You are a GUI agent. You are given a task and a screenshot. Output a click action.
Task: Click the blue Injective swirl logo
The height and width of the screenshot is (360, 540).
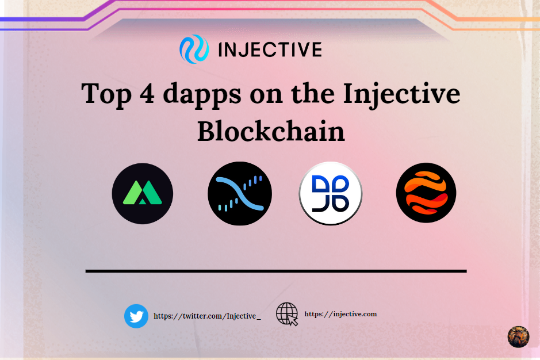pyautogui.click(x=193, y=49)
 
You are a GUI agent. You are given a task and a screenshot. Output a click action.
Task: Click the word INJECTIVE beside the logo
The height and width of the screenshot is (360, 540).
pyautogui.click(x=270, y=49)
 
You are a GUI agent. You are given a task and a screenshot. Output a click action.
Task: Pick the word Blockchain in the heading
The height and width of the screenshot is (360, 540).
pyautogui.click(x=271, y=131)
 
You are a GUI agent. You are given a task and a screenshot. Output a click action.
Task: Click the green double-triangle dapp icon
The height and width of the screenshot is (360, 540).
pyautogui.click(x=142, y=193)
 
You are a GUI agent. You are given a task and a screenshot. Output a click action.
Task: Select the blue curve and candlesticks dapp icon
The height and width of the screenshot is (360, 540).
pyautogui.click(x=239, y=193)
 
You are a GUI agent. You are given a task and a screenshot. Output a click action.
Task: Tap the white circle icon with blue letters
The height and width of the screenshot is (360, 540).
pyautogui.click(x=331, y=193)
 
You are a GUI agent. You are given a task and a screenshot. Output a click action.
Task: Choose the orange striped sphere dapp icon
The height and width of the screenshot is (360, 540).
pyautogui.click(x=426, y=193)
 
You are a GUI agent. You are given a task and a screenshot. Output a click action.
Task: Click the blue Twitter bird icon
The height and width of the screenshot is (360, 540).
pyautogui.click(x=136, y=316)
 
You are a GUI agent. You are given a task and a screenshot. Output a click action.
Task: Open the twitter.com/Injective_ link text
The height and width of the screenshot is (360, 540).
pyautogui.click(x=207, y=316)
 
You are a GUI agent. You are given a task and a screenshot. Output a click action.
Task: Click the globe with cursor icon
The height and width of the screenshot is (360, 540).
pyautogui.click(x=287, y=314)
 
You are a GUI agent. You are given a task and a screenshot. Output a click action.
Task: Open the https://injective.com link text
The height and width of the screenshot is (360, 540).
pyautogui.click(x=340, y=314)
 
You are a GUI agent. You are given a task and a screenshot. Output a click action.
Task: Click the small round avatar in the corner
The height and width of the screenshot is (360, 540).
pyautogui.click(x=518, y=336)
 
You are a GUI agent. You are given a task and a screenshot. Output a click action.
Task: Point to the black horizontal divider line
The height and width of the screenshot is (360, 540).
pyautogui.click(x=276, y=270)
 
